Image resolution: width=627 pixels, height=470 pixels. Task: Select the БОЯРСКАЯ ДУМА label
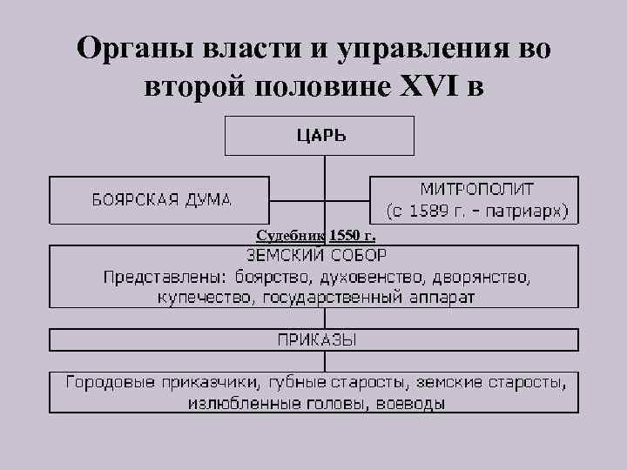[162, 199]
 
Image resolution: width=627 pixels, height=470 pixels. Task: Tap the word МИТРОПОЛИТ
[477, 189]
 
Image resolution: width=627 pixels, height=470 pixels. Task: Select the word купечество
[199, 298]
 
